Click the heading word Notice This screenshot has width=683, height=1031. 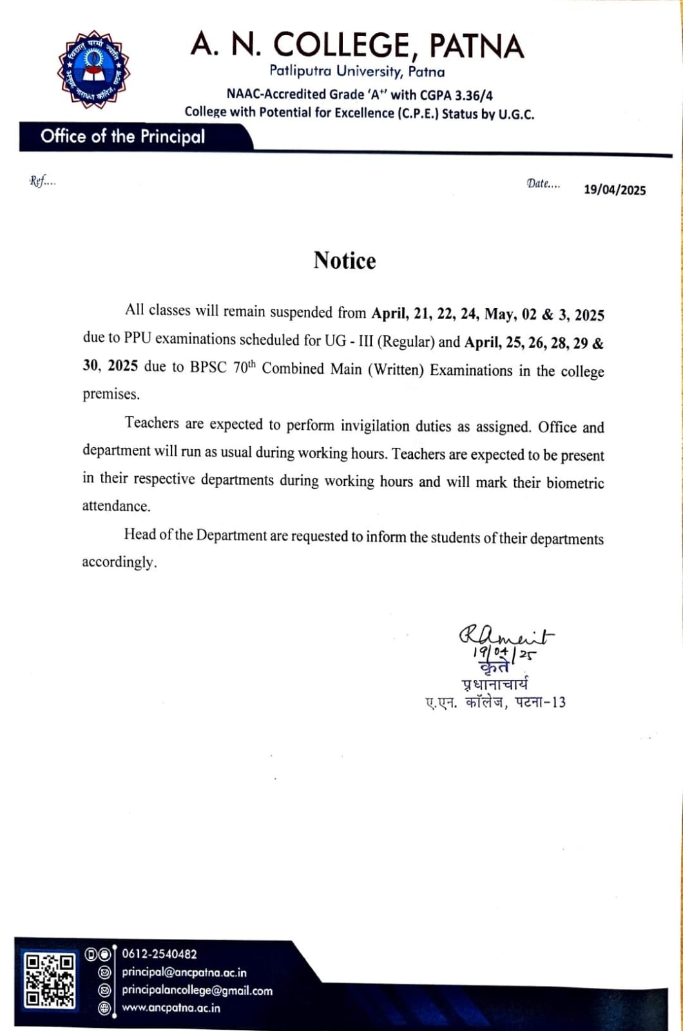[345, 260]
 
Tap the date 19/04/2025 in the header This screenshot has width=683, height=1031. [614, 190]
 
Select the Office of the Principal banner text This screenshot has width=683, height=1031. [122, 137]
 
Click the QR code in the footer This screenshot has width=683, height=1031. [49, 981]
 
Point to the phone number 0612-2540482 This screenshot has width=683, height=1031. [159, 954]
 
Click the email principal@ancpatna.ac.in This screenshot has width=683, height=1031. [184, 972]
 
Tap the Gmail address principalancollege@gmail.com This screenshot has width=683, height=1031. [197, 990]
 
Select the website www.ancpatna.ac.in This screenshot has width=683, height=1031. [171, 1008]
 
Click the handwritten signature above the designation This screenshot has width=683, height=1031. [506, 638]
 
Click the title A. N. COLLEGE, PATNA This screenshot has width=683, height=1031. [356, 45]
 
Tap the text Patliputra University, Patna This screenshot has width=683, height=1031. [356, 72]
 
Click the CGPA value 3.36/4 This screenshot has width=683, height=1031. [474, 95]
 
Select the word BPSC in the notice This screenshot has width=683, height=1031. [206, 367]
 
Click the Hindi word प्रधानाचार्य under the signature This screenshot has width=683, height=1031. [495, 684]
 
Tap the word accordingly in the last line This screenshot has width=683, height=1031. [119, 562]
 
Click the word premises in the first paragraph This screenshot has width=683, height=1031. [110, 394]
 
